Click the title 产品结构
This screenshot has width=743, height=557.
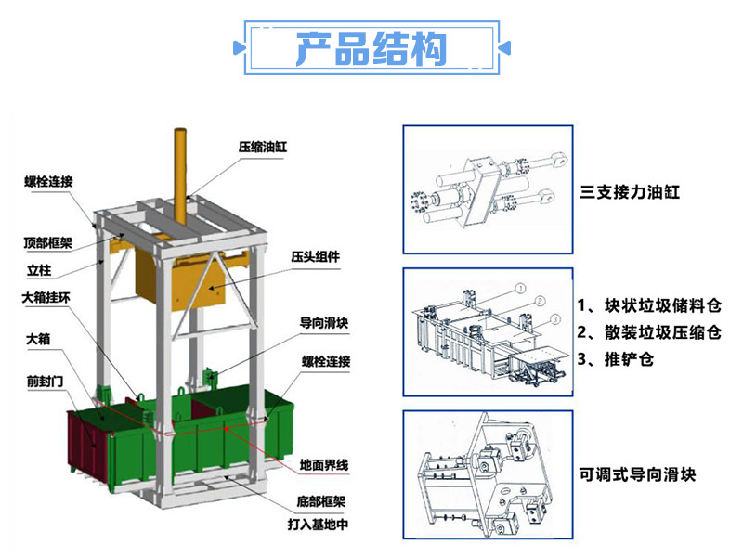pyautogui.click(x=371, y=48)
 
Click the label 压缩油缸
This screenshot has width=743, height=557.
pyautogui.click(x=263, y=147)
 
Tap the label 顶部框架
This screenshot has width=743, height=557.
pyautogui.click(x=48, y=243)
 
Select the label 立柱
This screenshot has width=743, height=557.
pyautogui.click(x=39, y=270)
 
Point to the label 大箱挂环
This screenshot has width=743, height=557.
pyautogui.click(x=46, y=298)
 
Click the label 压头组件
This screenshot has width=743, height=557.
pyautogui.click(x=316, y=257)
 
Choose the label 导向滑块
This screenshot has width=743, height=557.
pyautogui.click(x=324, y=323)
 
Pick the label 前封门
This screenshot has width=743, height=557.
pyautogui.click(x=45, y=382)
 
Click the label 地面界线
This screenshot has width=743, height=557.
pyautogui.click(x=324, y=465)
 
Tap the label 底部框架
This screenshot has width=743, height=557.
pyautogui.click(x=321, y=501)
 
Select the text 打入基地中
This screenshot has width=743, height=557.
pyautogui.click(x=318, y=525)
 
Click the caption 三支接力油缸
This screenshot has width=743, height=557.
pyautogui.click(x=630, y=192)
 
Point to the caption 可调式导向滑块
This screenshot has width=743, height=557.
pyautogui.click(x=637, y=474)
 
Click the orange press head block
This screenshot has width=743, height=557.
pyautogui.click(x=179, y=279)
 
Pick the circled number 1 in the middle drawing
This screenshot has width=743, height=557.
pyautogui.click(x=520, y=289)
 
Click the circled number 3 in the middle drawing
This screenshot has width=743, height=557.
pyautogui.click(x=555, y=319)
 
